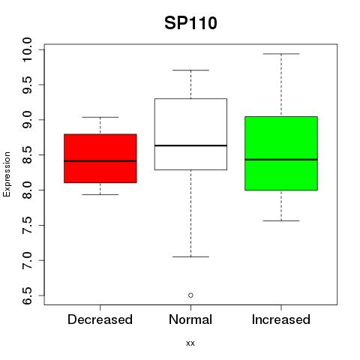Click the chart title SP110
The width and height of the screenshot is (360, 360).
tap(190, 23)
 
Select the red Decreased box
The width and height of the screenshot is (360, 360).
tap(100, 158)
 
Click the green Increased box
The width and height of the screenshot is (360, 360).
tap(281, 154)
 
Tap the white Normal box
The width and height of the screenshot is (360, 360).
tap(190, 134)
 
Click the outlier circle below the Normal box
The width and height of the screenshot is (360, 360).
tap(190, 295)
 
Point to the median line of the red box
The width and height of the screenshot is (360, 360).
tap(100, 161)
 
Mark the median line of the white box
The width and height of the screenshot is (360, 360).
tap(190, 145)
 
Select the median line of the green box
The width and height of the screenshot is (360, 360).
tap(281, 160)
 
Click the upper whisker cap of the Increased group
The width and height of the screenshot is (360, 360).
tap(281, 54)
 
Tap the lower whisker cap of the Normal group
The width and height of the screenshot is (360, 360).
tap(190, 256)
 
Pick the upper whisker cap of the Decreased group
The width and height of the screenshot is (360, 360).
tap(100, 117)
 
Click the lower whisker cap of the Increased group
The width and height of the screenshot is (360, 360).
tap(281, 220)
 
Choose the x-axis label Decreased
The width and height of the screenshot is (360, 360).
tap(100, 319)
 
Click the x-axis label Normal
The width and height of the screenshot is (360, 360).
tap(190, 319)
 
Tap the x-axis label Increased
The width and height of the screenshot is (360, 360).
tap(281, 319)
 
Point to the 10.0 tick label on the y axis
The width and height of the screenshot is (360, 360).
tap(27, 49)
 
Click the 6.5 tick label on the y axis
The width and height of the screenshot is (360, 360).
tap(27, 295)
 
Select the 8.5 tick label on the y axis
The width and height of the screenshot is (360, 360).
tap(27, 155)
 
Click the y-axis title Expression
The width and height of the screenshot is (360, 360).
tap(7, 174)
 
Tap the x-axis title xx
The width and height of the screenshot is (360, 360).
tap(190, 343)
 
